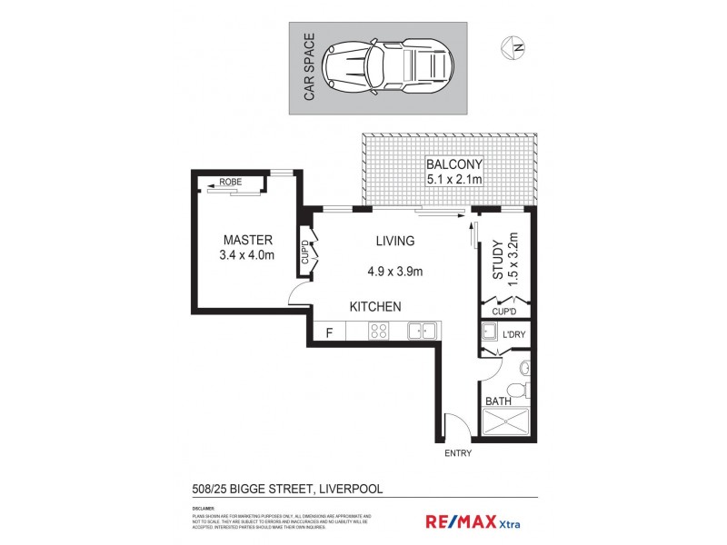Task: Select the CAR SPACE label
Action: [x=309, y=68]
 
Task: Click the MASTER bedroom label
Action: [x=248, y=240]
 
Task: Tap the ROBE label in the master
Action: [x=231, y=181]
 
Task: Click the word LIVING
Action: [x=395, y=241]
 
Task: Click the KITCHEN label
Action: [x=375, y=307]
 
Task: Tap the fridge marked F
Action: [x=330, y=332]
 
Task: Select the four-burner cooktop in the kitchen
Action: [x=379, y=332]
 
